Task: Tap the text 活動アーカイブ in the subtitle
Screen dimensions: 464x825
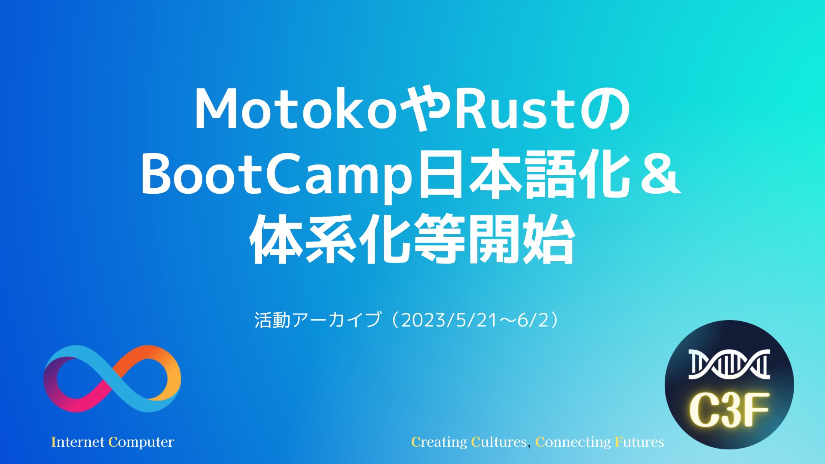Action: pos(318,320)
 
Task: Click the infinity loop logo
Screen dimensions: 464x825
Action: pos(112,379)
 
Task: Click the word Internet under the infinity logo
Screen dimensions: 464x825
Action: pos(78,442)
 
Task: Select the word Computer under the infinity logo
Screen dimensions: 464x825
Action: pos(141,442)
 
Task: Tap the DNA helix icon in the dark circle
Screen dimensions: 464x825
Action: pos(729,364)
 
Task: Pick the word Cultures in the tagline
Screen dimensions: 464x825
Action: pos(499,442)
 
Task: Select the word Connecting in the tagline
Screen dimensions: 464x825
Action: pos(573,442)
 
